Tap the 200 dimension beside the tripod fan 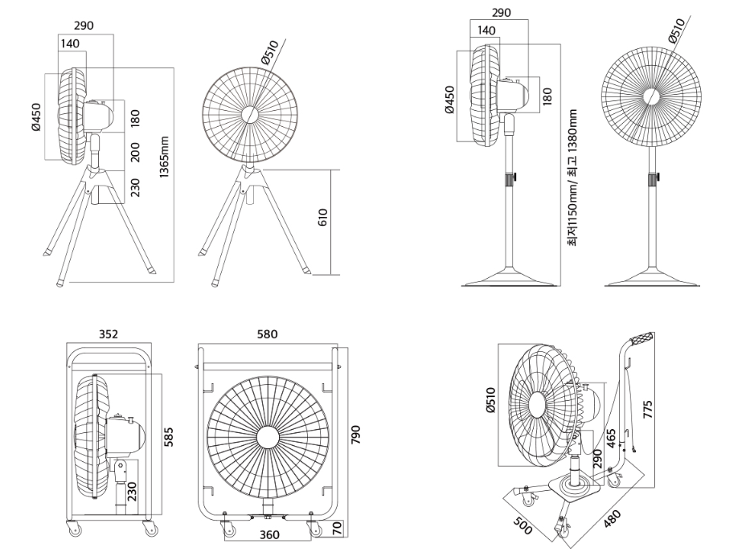135,152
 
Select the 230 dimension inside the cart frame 132,488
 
